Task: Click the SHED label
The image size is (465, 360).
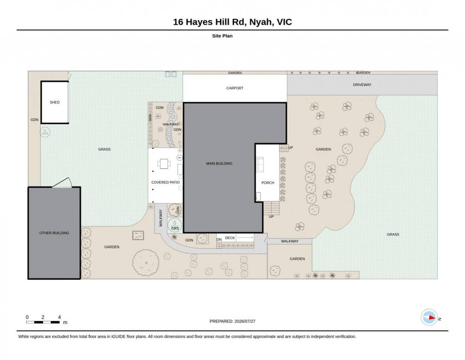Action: pyautogui.click(x=54, y=102)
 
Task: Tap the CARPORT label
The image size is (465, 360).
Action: pyautogui.click(x=235, y=88)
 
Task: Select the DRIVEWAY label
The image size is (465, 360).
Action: pyautogui.click(x=362, y=85)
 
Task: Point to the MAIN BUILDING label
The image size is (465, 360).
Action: pyautogui.click(x=219, y=164)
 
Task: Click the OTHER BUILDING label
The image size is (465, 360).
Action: pyautogui.click(x=54, y=233)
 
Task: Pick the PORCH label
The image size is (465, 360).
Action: pyautogui.click(x=267, y=183)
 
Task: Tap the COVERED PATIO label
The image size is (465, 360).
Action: pyautogui.click(x=165, y=182)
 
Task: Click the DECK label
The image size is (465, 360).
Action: pyautogui.click(x=230, y=238)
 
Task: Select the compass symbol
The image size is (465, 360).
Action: pyautogui.click(x=429, y=318)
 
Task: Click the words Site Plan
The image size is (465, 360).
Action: pyautogui.click(x=222, y=36)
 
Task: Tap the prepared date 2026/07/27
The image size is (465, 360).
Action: pyautogui.click(x=245, y=321)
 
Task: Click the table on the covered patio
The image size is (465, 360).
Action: pyautogui.click(x=164, y=164)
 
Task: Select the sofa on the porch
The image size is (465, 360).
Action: pyautogui.click(x=260, y=165)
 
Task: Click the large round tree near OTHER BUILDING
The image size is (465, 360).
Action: pyautogui.click(x=146, y=263)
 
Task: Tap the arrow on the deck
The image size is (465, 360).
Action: pyautogui.click(x=245, y=237)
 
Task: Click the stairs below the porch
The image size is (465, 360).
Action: pyautogui.click(x=272, y=208)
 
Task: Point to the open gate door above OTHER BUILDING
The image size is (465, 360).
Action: pyautogui.click(x=62, y=182)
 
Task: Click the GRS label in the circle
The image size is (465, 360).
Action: pyautogui.click(x=175, y=229)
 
